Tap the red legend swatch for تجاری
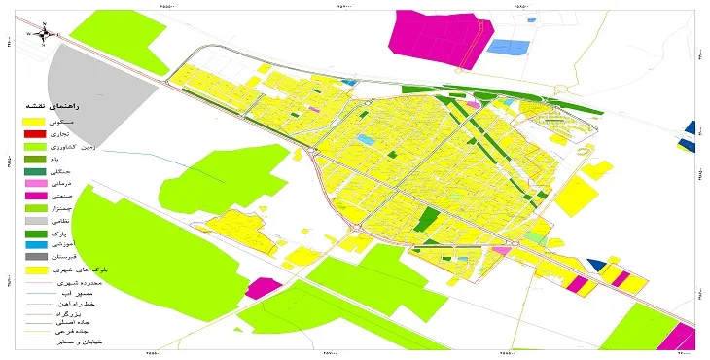point(33,133)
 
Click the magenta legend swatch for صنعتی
point(33,197)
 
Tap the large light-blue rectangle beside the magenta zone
point(508,46)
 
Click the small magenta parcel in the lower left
point(260,288)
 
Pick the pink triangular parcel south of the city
point(502,251)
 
